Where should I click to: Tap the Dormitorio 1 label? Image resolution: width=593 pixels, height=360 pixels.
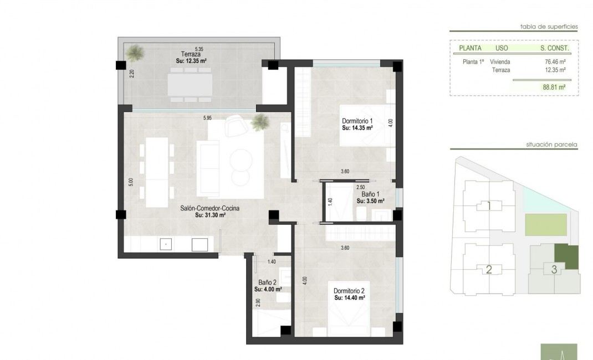click(x=357, y=121)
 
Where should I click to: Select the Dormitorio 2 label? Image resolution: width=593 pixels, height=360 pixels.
click(x=349, y=291)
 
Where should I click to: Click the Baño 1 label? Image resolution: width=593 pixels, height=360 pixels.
click(x=370, y=194)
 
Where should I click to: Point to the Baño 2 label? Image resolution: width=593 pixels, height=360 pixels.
click(x=268, y=282)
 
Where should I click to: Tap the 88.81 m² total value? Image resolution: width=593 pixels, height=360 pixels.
click(x=554, y=87)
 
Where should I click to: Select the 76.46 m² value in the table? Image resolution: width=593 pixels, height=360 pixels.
click(x=554, y=62)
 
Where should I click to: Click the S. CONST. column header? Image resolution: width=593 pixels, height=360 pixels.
click(x=555, y=48)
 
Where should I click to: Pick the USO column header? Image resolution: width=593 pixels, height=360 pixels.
click(x=501, y=48)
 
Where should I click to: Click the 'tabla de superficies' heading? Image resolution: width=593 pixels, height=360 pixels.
click(x=549, y=26)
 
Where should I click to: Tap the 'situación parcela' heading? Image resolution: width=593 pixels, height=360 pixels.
click(x=551, y=145)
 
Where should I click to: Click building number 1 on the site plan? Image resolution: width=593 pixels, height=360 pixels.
click(x=488, y=206)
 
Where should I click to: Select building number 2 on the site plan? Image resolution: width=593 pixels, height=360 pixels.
click(x=488, y=270)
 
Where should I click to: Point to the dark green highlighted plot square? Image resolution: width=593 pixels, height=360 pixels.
click(x=566, y=255)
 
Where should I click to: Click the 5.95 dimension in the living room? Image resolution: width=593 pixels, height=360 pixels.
click(x=208, y=118)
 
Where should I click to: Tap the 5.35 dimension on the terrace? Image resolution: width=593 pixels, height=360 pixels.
click(x=199, y=49)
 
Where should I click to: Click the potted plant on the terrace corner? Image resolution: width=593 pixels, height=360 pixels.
click(x=135, y=53)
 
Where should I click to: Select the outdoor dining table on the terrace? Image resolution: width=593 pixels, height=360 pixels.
click(x=190, y=85)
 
